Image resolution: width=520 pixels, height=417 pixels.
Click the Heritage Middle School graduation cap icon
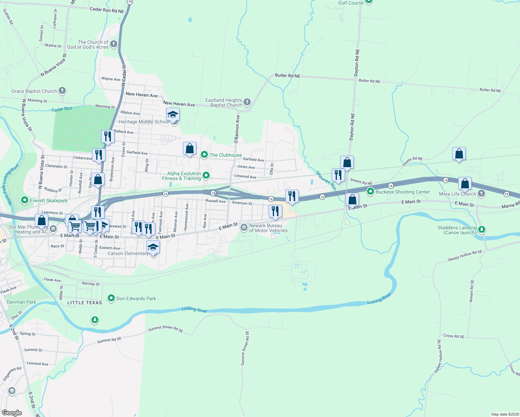tap(173, 114)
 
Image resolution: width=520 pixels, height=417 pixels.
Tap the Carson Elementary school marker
tap(153, 247)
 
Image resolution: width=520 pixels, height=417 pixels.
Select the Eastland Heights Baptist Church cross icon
tap(247, 102)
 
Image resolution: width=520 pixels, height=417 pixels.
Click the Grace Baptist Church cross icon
tap(62, 91)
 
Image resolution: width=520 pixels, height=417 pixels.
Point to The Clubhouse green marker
tap(204, 155)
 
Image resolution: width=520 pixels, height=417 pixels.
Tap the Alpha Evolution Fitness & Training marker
tap(206, 175)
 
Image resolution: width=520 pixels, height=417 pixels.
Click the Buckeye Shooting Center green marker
tap(371, 191)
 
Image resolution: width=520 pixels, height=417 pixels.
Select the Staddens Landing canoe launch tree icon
tap(481, 229)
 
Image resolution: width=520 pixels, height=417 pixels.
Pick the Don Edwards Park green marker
tap(111, 298)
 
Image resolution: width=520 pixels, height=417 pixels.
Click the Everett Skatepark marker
tap(25, 200)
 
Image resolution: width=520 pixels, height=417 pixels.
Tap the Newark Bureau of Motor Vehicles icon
tap(244, 228)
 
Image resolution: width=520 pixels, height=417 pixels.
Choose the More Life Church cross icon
tap(481, 194)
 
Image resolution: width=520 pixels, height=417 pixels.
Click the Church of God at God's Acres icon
tap(113, 44)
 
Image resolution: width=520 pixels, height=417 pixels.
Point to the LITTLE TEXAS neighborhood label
tap(85, 303)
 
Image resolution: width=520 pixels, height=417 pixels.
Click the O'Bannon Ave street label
tap(237, 129)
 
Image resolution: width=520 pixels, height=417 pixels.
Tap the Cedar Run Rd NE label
tap(107, 10)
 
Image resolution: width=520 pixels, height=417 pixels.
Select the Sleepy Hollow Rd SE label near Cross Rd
tap(439, 356)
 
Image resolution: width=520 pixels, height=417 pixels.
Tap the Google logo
tap(12, 412)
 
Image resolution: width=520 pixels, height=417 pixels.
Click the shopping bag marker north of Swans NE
tap(459, 154)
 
